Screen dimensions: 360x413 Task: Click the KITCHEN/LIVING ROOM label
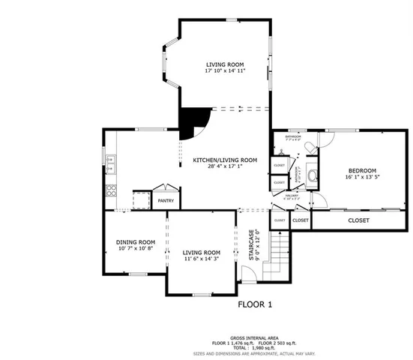(x=225, y=159)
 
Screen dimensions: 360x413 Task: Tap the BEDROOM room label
(x=361, y=170)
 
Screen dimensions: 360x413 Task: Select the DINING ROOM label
(x=135, y=241)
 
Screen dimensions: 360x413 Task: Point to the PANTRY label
(x=166, y=201)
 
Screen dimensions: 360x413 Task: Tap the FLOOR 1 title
(x=255, y=304)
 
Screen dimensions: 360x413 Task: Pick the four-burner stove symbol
(x=110, y=190)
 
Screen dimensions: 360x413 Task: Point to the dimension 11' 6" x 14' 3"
(x=202, y=259)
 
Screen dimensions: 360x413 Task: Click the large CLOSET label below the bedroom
(x=359, y=220)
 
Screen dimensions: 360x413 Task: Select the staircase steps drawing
(x=278, y=255)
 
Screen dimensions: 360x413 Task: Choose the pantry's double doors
(x=164, y=187)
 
